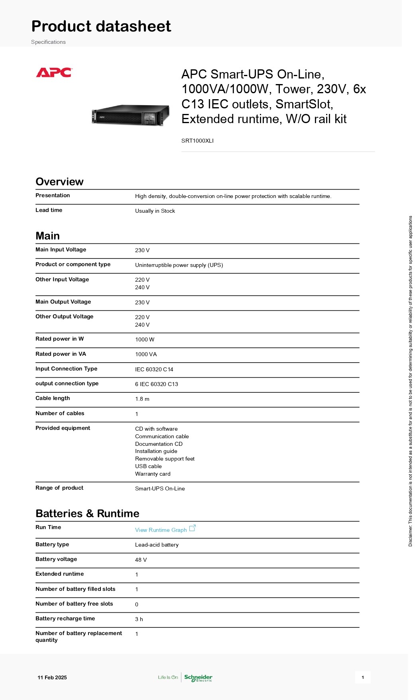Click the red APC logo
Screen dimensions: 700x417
coord(54,73)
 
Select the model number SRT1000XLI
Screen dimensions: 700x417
coord(197,141)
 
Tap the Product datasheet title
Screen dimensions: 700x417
coord(101,26)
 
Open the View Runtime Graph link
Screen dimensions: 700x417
coord(161,530)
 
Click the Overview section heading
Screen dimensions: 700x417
coord(59,182)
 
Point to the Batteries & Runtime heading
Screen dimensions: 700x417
coord(87,514)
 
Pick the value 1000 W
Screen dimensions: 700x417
coord(145,339)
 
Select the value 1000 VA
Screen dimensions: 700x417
coord(146,354)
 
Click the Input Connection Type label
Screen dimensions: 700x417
coord(66,369)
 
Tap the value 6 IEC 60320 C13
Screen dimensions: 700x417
coord(157,384)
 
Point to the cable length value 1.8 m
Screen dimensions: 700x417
coord(142,399)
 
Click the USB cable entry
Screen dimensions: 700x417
coord(148,466)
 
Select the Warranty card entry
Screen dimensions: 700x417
coord(153,474)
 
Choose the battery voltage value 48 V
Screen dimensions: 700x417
coord(141,560)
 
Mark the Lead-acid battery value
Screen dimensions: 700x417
coord(157,545)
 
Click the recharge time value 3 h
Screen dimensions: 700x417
coord(139,619)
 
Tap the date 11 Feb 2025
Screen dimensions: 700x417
coord(52,677)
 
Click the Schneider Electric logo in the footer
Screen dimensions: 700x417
coord(198,677)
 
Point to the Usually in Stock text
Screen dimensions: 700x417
coord(155,211)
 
